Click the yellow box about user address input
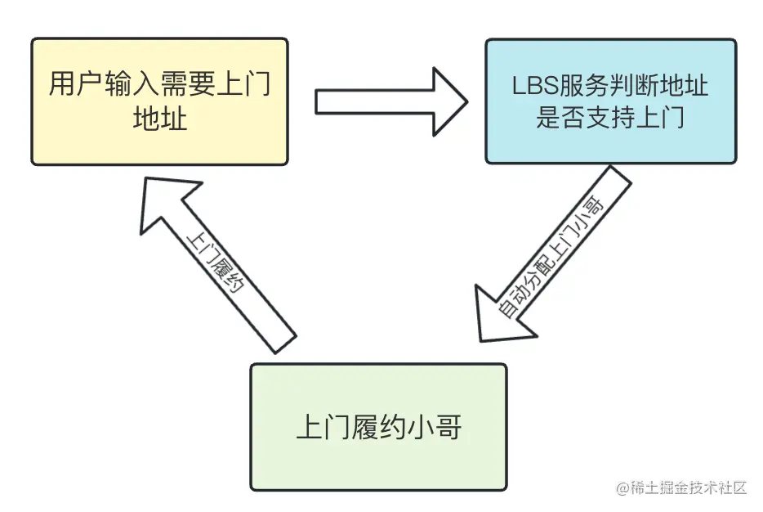159,101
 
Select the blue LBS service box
609,101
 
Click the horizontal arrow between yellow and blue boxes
390,101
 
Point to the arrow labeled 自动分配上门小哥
556,254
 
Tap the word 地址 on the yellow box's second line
160,119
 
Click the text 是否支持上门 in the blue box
610,119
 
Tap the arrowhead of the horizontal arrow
448,101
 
